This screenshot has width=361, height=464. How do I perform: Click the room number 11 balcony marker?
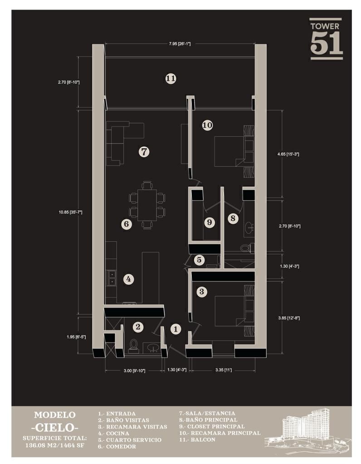pyautogui.click(x=171, y=79)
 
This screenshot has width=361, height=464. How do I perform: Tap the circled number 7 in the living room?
pyautogui.click(x=144, y=152)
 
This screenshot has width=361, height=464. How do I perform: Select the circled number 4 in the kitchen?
pyautogui.click(x=128, y=279)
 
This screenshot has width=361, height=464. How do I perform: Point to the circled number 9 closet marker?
pyautogui.click(x=210, y=222)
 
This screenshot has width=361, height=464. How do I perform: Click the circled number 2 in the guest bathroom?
pyautogui.click(x=138, y=327)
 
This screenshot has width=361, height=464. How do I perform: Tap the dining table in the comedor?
pyautogui.click(x=147, y=205)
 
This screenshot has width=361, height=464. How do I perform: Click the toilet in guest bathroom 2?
pyautogui.click(x=134, y=346)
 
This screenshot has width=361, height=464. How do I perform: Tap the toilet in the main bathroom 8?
pyautogui.click(x=246, y=248)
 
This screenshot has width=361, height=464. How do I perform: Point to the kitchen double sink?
pyautogui.click(x=112, y=278)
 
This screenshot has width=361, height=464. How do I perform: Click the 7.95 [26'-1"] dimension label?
pyautogui.click(x=180, y=44)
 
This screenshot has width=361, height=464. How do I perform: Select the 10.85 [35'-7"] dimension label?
pyautogui.click(x=70, y=212)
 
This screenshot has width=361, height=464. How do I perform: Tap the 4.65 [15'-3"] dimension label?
pyautogui.click(x=288, y=154)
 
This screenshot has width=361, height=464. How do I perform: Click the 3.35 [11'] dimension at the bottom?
pyautogui.click(x=224, y=370)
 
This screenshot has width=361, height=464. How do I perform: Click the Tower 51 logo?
pyautogui.click(x=326, y=39)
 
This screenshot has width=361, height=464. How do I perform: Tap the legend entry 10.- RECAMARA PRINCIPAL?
pyautogui.click(x=220, y=433)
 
